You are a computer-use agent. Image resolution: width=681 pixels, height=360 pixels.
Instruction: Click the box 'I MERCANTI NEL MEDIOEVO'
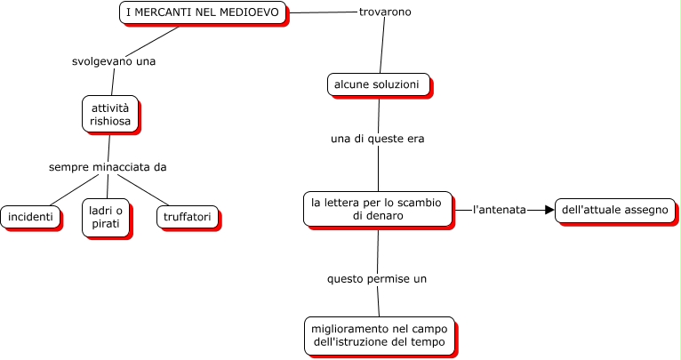[x=203, y=12]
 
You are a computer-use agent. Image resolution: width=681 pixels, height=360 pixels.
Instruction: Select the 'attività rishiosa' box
[x=110, y=114]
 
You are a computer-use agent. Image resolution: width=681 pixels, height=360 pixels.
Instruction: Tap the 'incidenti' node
[x=30, y=217]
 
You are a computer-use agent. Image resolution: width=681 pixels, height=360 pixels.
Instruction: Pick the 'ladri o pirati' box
[x=107, y=219]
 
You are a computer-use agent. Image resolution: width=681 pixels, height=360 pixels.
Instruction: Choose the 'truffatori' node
[x=187, y=217]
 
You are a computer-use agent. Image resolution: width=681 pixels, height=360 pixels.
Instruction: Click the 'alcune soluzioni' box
[x=377, y=84]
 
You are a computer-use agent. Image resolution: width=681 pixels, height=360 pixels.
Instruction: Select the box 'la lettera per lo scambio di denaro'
[x=378, y=209]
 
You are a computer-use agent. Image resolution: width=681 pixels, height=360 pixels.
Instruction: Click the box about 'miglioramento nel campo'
[x=379, y=335]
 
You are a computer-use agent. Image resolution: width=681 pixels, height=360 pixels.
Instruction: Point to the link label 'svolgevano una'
[x=114, y=61]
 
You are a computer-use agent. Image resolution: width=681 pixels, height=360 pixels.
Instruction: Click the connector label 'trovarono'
[x=385, y=12]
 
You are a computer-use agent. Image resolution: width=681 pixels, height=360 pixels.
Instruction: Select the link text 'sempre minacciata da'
[x=108, y=166]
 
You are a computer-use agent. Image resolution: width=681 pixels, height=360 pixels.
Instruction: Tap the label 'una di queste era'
[x=378, y=139]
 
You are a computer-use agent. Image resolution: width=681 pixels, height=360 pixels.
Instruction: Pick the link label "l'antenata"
[x=499, y=210]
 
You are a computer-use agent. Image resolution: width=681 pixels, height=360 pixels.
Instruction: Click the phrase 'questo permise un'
[x=377, y=278]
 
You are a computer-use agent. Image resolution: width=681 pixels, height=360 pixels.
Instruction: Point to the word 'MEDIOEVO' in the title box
[x=252, y=12]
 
